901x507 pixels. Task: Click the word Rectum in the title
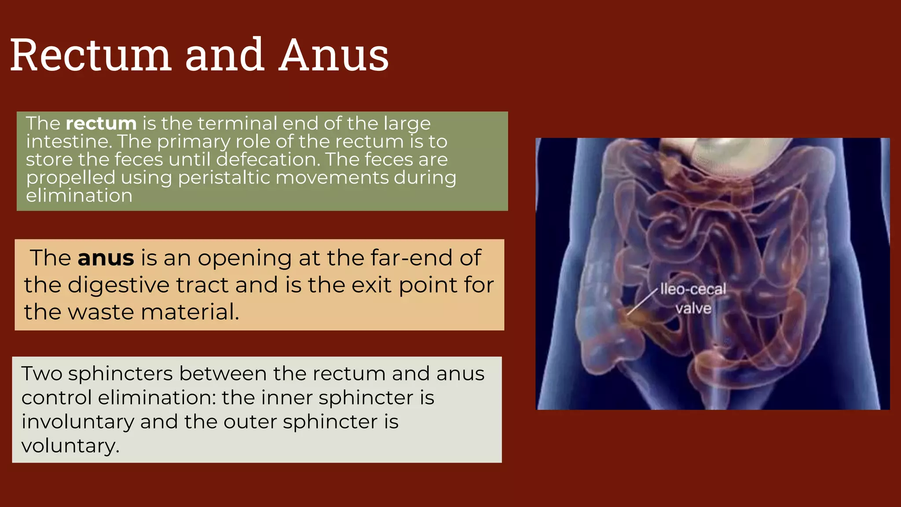[x=90, y=55]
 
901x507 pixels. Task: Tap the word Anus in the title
[x=334, y=55]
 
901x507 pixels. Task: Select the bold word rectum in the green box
[x=101, y=123]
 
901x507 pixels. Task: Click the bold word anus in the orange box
[x=106, y=258]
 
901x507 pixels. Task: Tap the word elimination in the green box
[x=79, y=196]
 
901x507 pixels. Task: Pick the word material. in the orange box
[x=190, y=312]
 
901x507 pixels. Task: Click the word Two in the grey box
[x=42, y=374]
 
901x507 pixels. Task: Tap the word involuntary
[x=78, y=422]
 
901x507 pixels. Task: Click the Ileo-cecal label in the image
[x=693, y=290]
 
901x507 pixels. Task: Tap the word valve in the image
[x=693, y=308]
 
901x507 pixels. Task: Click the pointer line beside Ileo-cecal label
[x=642, y=301]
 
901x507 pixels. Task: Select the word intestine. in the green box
[x=69, y=142]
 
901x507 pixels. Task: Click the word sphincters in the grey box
[x=120, y=374]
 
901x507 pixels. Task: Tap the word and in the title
[x=225, y=55]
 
